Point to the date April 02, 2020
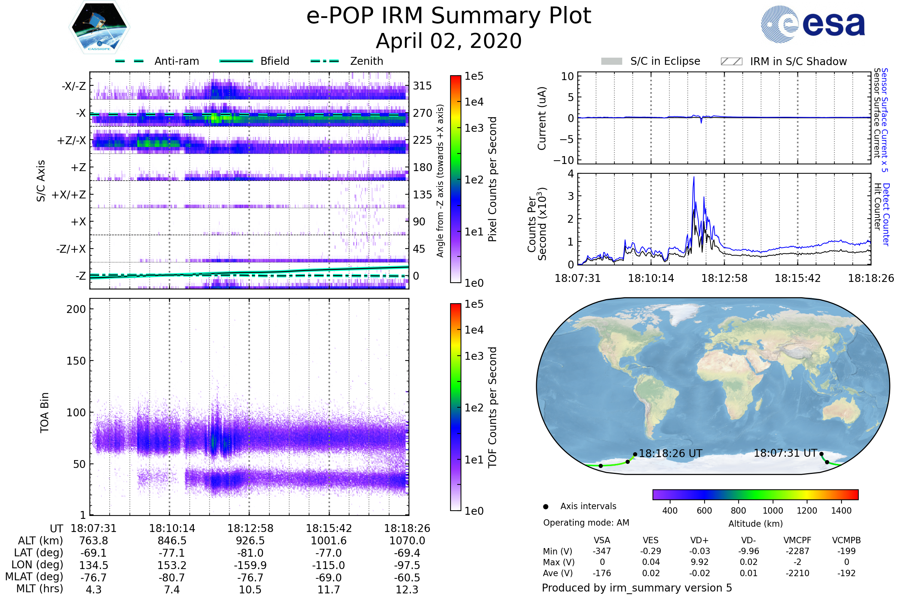(449, 41)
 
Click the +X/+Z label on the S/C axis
(69, 195)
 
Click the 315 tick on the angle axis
(422, 86)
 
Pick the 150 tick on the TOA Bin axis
(76, 361)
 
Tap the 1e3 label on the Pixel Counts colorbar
(474, 128)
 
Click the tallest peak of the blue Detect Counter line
(694, 177)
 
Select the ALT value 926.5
(250, 541)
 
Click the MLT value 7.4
(172, 589)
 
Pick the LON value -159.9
(250, 565)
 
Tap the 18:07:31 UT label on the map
(785, 453)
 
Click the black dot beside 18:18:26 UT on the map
(635, 454)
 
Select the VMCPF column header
(797, 541)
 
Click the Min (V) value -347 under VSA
(602, 551)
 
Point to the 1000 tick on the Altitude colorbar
(773, 511)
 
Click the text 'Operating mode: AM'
(586, 523)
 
